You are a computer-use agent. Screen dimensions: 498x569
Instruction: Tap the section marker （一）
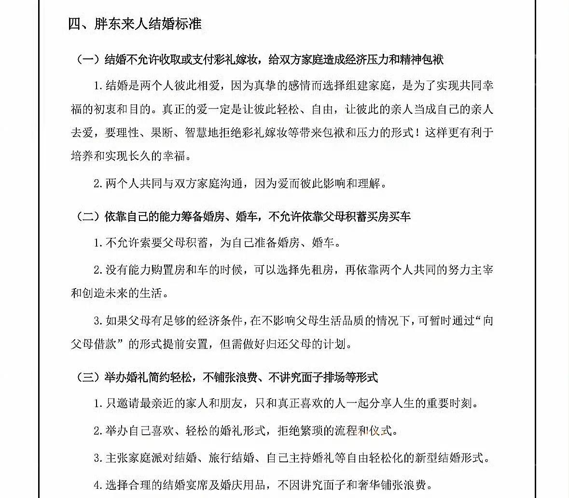click(88, 60)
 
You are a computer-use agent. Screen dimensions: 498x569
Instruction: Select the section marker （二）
click(88, 217)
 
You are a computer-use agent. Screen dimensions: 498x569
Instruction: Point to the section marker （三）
click(88, 377)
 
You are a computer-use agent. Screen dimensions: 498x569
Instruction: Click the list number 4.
click(97, 484)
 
